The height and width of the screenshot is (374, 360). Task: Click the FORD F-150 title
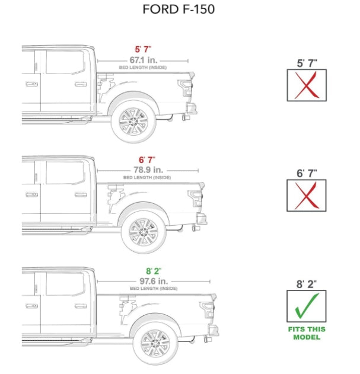pyautogui.click(x=179, y=10)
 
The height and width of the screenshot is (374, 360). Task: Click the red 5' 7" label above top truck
pyautogui.click(x=143, y=50)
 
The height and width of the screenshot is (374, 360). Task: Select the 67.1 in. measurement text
pyautogui.click(x=143, y=60)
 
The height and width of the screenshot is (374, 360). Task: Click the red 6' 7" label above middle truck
pyautogui.click(x=147, y=160)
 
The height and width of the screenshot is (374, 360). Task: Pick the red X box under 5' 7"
pyautogui.click(x=307, y=85)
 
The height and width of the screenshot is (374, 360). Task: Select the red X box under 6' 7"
pyautogui.click(x=307, y=195)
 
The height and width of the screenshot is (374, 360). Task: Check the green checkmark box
pyautogui.click(x=307, y=306)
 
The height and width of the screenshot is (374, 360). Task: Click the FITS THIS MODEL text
pyautogui.click(x=307, y=333)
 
